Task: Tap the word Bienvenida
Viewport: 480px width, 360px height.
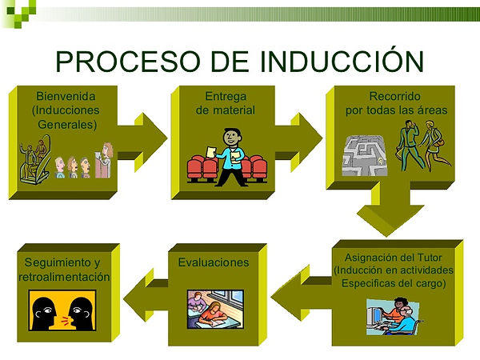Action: coord(66,96)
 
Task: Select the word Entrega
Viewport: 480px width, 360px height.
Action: coord(226,96)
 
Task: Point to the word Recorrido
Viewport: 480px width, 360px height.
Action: coord(395,96)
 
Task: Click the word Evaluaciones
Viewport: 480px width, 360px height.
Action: coord(214,262)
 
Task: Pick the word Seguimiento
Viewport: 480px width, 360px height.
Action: coord(58,262)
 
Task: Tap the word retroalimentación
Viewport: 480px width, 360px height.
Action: coord(64,277)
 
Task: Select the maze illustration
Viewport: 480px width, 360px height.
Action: coord(364,155)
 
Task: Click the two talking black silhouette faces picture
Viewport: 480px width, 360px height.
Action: coord(62,310)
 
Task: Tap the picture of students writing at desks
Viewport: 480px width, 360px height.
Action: coord(215,309)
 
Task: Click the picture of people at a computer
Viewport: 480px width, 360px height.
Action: coord(393,317)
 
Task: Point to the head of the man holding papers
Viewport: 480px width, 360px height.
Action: coord(232,137)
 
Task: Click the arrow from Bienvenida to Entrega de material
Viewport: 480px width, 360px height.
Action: coord(142,142)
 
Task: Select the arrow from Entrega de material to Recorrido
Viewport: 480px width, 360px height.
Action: coord(298,142)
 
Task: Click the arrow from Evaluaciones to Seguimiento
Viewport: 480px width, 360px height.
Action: coord(146,294)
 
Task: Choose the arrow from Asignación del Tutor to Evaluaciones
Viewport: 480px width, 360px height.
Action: coord(302,293)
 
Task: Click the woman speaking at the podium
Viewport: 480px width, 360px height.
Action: coord(104,160)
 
